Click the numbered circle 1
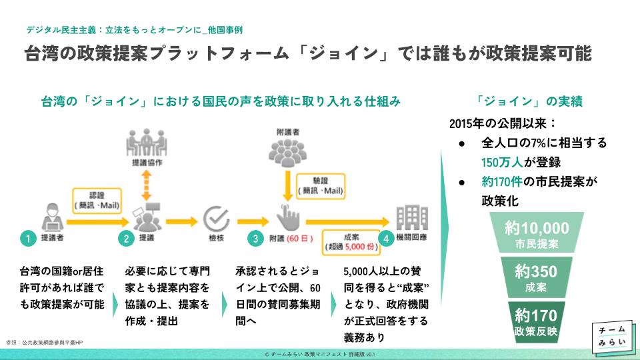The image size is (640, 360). [27, 238]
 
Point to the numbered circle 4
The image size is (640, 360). [384, 238]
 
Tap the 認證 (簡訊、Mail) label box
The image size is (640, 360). [97, 200]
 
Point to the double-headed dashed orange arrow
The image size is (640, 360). [145, 183]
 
